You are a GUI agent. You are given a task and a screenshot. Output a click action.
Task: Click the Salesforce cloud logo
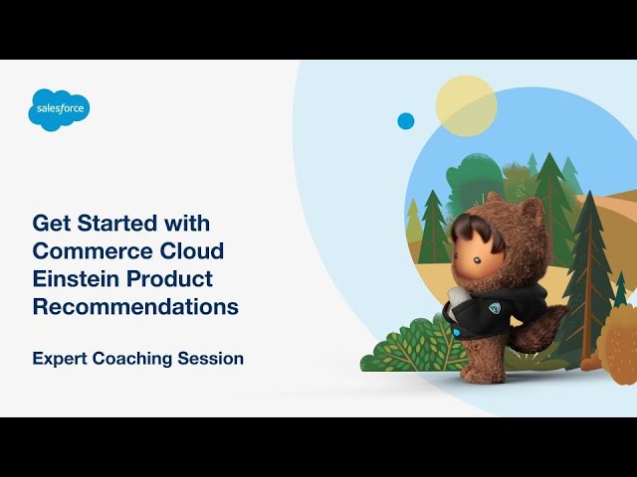59,110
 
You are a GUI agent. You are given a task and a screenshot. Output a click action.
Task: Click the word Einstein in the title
76,278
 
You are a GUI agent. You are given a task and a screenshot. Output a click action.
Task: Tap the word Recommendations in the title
135,306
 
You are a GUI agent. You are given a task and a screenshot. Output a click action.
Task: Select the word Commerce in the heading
93,250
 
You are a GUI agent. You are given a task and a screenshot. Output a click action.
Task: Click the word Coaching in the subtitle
132,360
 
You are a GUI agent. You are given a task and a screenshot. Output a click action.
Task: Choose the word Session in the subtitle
210,359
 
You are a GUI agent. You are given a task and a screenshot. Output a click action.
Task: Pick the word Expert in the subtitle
60,360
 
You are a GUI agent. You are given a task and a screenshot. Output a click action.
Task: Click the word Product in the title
169,278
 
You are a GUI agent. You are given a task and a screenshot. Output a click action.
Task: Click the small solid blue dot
405,121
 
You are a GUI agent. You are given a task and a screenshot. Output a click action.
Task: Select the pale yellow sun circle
466,106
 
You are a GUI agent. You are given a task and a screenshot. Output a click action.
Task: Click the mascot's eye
478,260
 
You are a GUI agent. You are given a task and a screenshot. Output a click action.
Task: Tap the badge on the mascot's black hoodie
494,308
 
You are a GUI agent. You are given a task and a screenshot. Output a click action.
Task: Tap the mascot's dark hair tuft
476,232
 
